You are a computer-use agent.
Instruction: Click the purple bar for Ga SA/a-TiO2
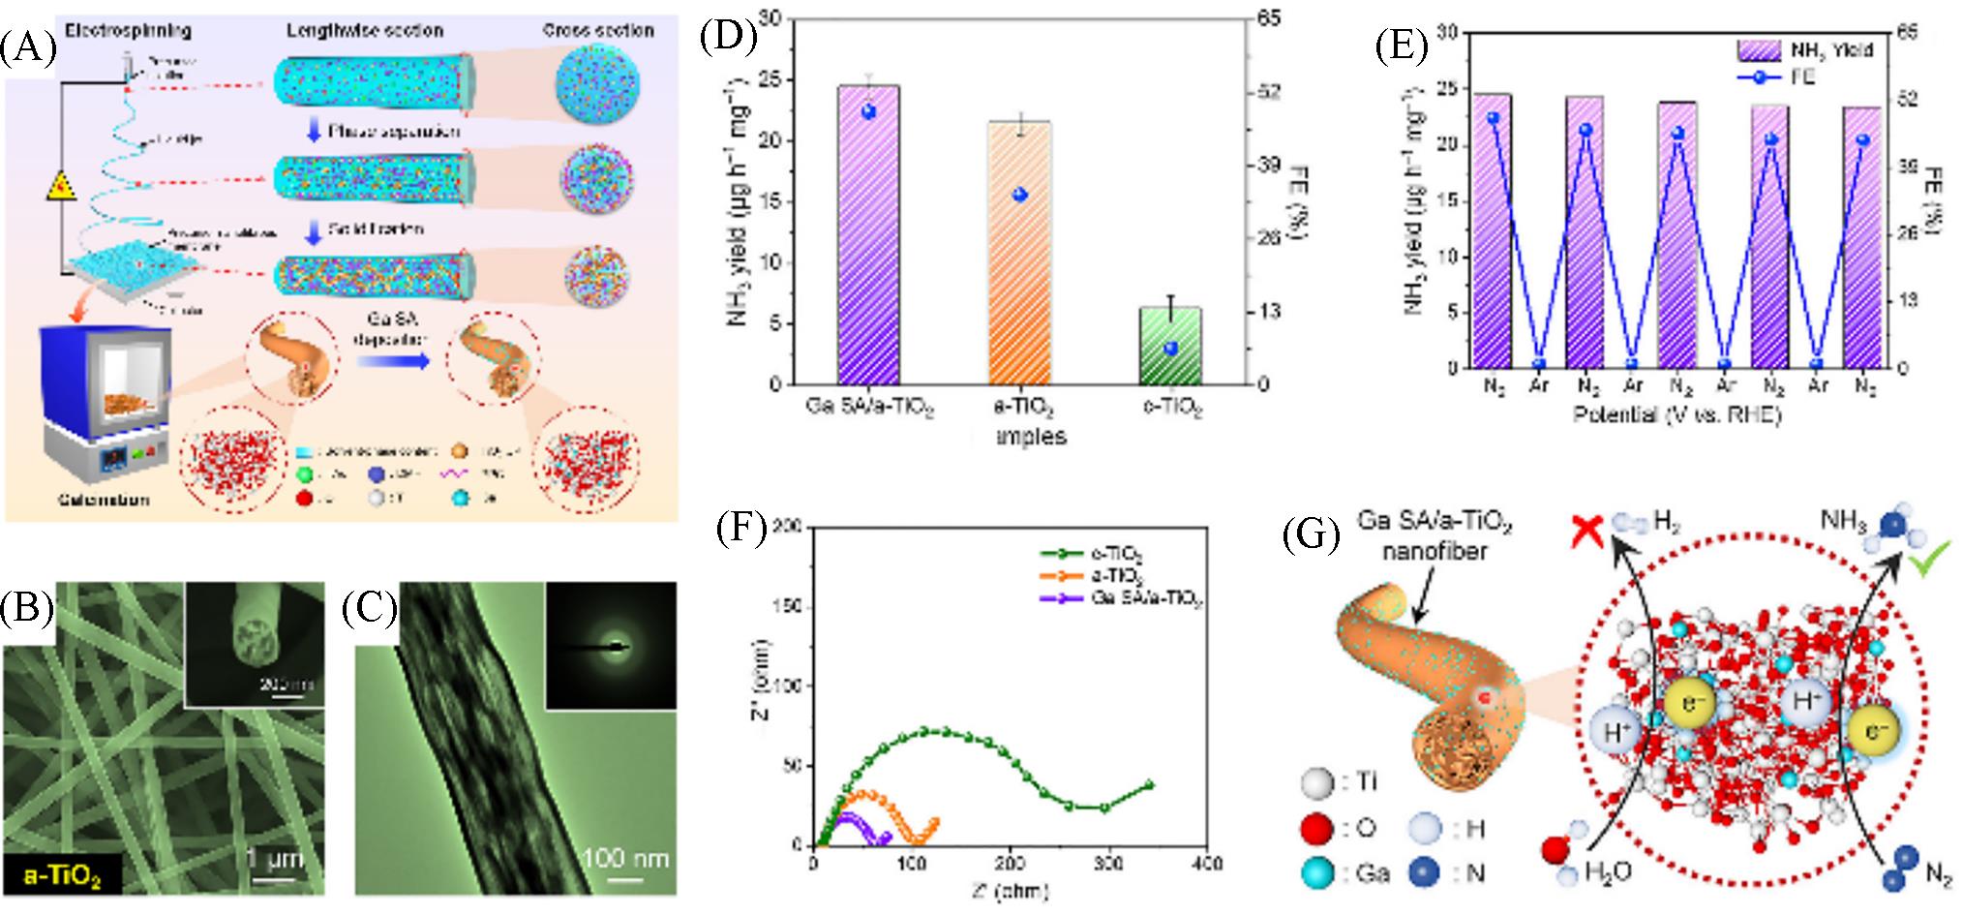(x=868, y=242)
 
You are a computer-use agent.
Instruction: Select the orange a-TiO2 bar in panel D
(x=1018, y=261)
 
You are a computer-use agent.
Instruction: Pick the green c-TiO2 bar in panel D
(x=1169, y=349)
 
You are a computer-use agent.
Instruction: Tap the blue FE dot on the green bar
(x=1169, y=349)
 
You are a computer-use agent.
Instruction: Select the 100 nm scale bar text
(x=626, y=858)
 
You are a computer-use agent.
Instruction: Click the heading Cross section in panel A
(x=597, y=30)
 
